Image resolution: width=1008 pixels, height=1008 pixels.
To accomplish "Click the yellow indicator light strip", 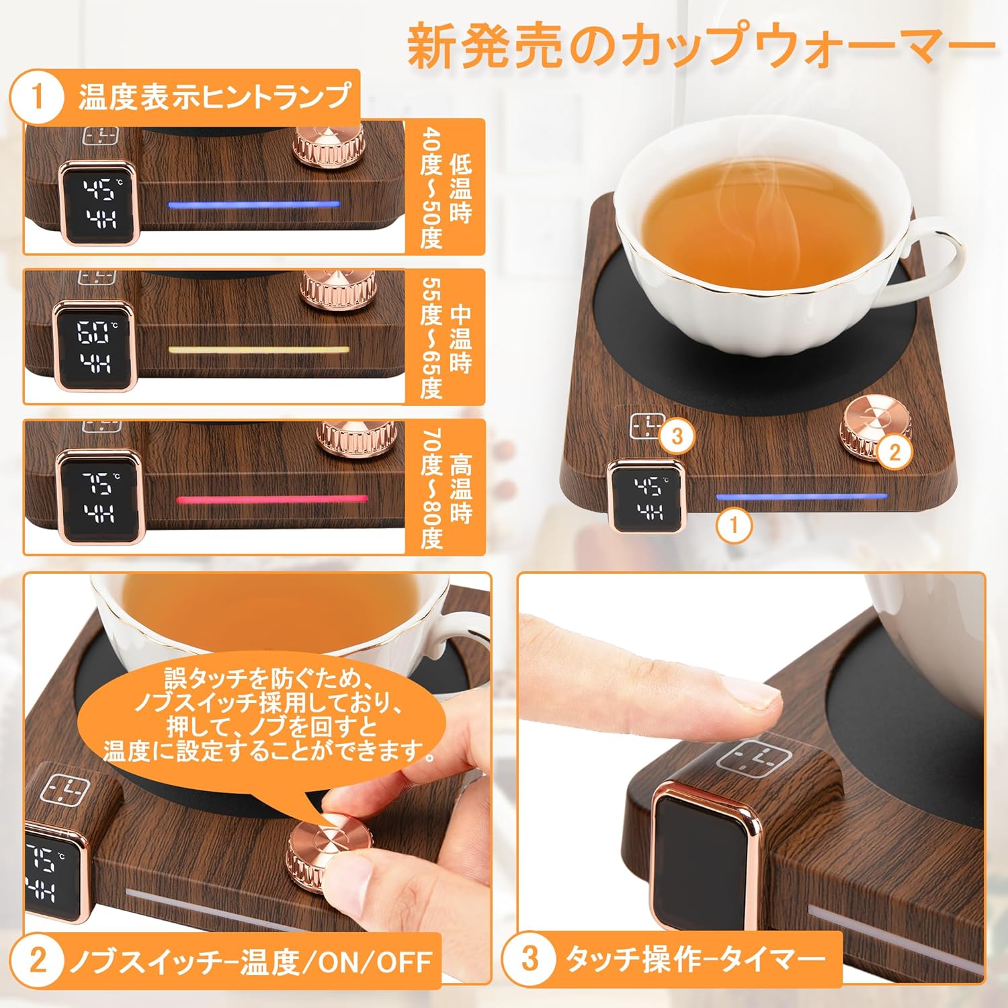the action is click(x=259, y=350).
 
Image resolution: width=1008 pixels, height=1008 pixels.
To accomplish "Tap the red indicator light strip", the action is click(x=272, y=500).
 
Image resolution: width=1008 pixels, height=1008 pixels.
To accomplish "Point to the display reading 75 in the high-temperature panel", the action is click(x=98, y=496).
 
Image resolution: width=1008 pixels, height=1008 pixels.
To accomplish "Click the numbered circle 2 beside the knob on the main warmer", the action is click(x=894, y=452).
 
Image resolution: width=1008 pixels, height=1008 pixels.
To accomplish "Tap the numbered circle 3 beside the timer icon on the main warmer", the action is click(x=676, y=436).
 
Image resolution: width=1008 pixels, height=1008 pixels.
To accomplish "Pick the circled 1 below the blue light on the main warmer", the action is click(x=734, y=524).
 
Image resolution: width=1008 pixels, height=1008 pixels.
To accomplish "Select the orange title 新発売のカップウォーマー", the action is click(x=701, y=45).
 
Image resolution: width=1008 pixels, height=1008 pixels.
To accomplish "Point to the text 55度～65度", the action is click(x=431, y=339).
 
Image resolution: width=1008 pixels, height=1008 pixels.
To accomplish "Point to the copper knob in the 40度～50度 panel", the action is click(x=327, y=142).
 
